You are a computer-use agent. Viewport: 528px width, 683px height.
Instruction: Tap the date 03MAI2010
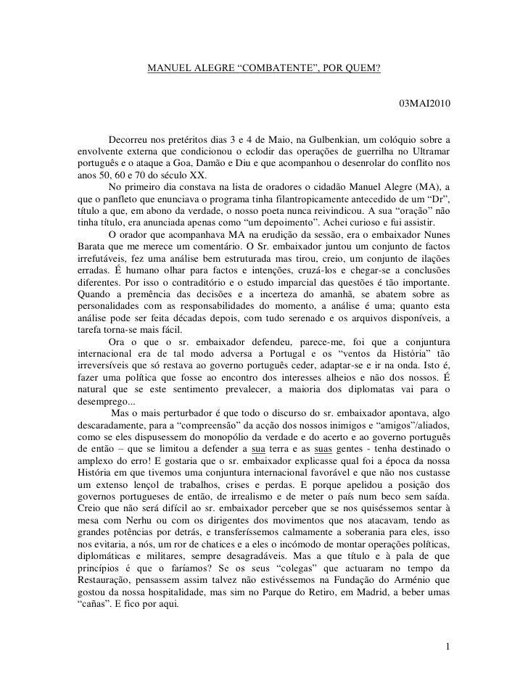pyautogui.click(x=424, y=106)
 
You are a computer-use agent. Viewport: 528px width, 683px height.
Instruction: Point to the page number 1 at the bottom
pyautogui.click(x=449, y=646)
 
